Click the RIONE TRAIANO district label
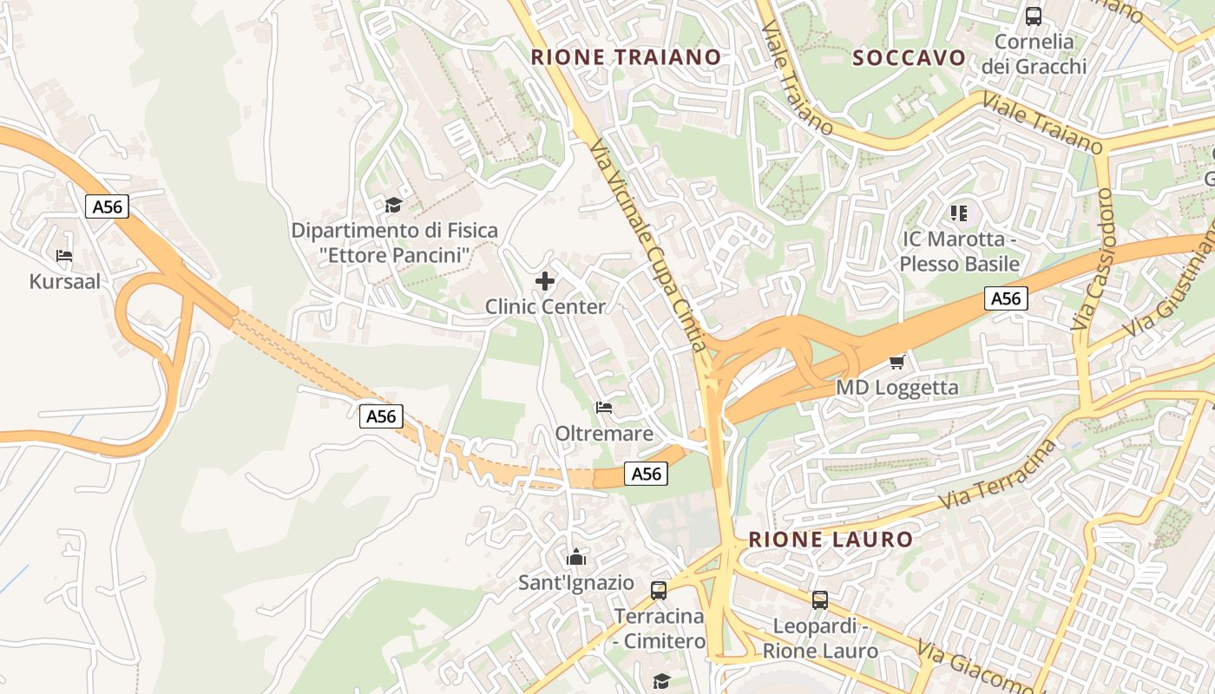[x=626, y=57]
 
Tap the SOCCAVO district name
[x=909, y=58]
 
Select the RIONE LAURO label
[x=831, y=539]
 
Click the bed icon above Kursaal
[x=64, y=256]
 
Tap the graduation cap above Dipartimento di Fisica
[x=394, y=205]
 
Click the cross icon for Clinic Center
[x=545, y=281]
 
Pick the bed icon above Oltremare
[x=604, y=407]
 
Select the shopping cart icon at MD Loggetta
[x=896, y=362]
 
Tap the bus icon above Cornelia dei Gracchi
[x=1033, y=16]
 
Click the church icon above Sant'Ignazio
[x=575, y=557]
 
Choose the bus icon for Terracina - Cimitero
[x=659, y=591]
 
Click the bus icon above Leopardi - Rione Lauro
[x=819, y=599]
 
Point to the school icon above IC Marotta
[x=959, y=213]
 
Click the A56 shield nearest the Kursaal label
[x=108, y=206]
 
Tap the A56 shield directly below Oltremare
[x=646, y=474]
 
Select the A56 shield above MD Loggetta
[x=1006, y=298]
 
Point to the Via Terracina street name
[x=999, y=476]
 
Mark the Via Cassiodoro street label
[x=1093, y=259]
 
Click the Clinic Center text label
[x=545, y=306]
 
